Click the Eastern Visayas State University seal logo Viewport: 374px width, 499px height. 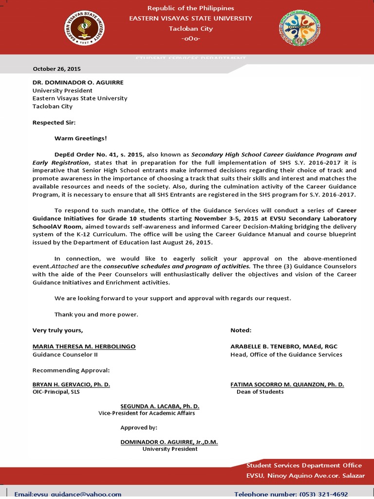(85, 28)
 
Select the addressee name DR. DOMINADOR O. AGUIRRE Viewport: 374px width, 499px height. (78, 82)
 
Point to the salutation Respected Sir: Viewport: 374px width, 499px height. (54, 122)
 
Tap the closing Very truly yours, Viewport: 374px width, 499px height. (57, 330)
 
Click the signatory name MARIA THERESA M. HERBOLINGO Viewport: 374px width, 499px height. (84, 346)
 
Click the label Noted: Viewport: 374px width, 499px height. (241, 330)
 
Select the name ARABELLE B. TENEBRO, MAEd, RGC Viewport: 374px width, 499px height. (283, 346)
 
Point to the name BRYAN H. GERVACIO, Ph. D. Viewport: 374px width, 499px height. (71, 384)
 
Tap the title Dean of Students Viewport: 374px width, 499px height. (260, 392)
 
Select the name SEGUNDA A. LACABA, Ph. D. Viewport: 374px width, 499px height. (160, 406)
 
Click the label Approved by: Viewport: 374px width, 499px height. (139, 427)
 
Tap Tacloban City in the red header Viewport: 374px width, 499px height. (190, 29)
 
